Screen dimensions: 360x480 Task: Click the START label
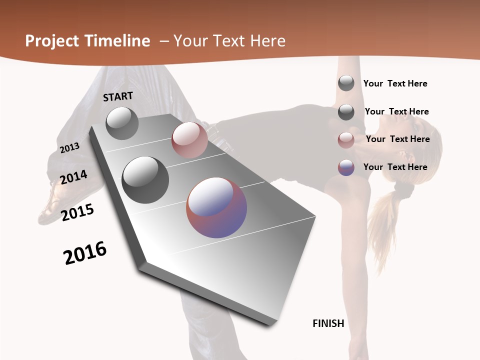click(x=118, y=96)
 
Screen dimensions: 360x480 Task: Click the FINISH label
click(x=328, y=323)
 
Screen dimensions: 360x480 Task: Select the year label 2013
click(x=69, y=148)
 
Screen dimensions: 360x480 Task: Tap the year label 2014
click(x=74, y=177)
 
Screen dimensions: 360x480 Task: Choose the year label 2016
click(x=85, y=252)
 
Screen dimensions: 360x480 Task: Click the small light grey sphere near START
click(x=122, y=123)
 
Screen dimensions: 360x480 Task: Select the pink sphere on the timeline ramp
click(x=189, y=140)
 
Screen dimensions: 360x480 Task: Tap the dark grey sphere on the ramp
click(x=145, y=180)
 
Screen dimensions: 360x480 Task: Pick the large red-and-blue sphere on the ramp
click(x=216, y=207)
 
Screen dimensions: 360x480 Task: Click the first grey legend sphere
click(x=346, y=83)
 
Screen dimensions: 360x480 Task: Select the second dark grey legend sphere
click(x=346, y=112)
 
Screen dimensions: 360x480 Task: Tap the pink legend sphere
click(x=346, y=140)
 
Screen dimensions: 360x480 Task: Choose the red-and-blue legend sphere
click(x=346, y=167)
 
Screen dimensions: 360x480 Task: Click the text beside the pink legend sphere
click(x=397, y=139)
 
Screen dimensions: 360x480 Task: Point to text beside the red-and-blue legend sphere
click(x=395, y=167)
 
